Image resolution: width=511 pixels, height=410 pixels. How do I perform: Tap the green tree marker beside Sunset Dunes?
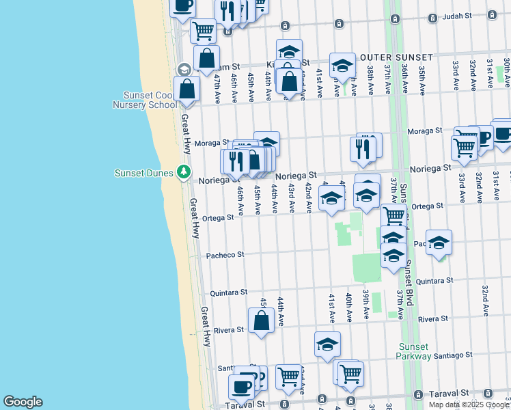pos(183,172)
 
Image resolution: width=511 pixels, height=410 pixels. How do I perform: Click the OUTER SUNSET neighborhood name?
pos(397,57)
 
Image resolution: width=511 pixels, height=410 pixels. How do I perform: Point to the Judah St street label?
pos(458,15)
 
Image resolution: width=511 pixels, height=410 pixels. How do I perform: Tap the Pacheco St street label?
pos(225,255)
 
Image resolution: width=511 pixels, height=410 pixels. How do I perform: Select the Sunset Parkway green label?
pos(414,351)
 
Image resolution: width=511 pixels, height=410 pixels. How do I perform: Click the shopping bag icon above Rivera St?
pos(261,320)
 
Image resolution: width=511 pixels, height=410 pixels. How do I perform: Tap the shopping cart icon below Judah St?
pos(203,29)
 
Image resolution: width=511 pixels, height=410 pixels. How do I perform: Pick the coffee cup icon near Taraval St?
pos(241,386)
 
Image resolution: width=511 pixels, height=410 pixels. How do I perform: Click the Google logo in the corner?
pos(23,402)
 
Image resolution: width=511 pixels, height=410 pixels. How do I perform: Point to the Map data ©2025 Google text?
pos(469,405)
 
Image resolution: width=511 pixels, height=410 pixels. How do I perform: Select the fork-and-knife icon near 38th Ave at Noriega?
pos(363,148)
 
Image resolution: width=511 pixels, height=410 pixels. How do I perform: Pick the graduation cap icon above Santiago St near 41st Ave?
pos(327,344)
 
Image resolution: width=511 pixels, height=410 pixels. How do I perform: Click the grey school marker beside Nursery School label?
pos(184,70)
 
